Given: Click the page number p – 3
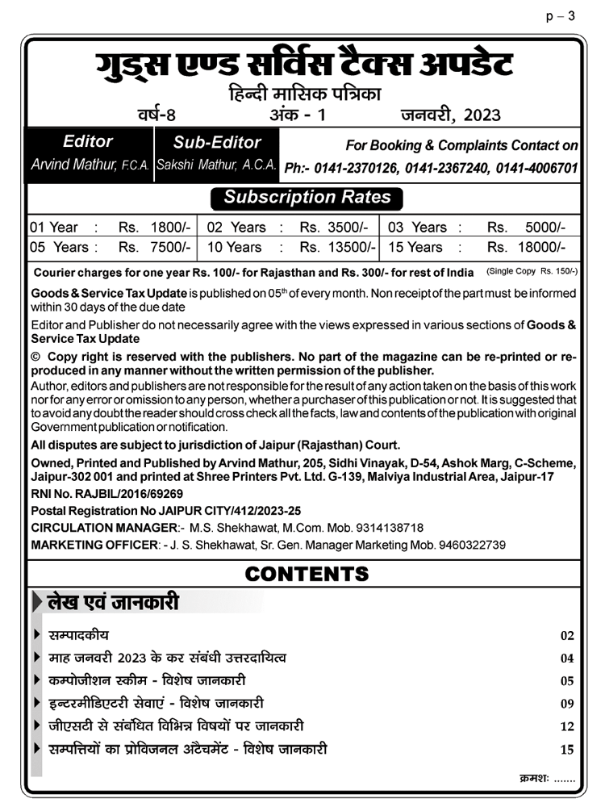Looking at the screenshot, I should coord(561,16).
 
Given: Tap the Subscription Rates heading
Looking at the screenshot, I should coord(307,197).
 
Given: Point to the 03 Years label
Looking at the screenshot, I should coord(417,228).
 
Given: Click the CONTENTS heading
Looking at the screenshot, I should coord(307,574).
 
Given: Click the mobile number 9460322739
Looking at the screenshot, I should coord(472,545).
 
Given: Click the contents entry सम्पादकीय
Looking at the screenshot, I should coord(79,635).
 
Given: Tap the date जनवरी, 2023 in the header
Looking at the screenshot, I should coord(450,115).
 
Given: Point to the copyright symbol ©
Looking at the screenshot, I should coord(35,357).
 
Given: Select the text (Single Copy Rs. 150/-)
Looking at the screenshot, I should coord(532,271).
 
